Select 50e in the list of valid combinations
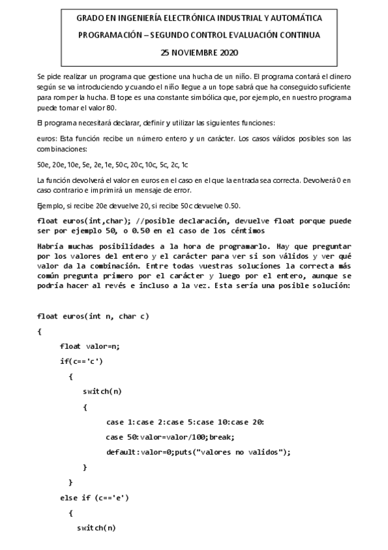[44, 165]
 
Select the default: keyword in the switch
[123, 451]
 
